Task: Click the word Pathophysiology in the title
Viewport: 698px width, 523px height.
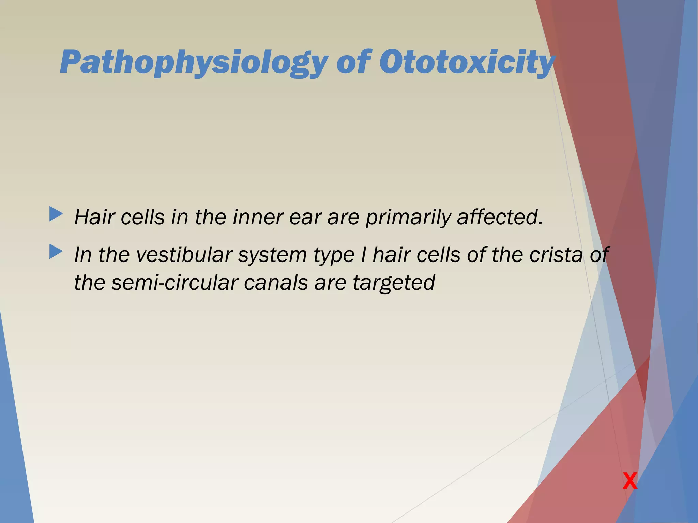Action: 193,62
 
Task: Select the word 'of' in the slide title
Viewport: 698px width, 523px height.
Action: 353,62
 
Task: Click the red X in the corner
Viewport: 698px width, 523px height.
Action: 630,481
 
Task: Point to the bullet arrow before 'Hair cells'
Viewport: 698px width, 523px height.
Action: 56,214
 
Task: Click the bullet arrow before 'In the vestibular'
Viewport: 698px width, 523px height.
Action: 56,252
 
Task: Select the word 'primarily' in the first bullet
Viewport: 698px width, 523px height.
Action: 407,217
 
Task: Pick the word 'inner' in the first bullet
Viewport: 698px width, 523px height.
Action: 257,217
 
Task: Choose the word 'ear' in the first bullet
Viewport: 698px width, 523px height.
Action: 305,217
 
